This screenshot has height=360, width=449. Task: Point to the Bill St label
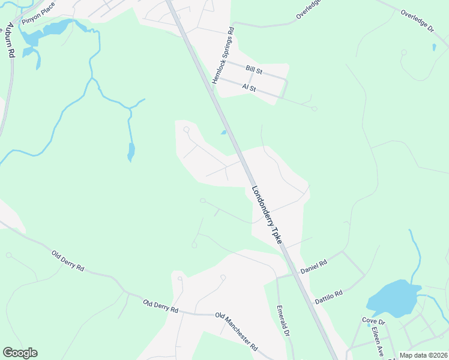(255, 70)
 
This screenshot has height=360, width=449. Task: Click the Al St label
(249, 88)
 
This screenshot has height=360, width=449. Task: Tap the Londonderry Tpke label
(267, 214)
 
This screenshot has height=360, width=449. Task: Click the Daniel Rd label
(313, 266)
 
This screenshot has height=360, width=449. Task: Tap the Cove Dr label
(373, 322)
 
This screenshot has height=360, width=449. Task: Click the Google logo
(20, 353)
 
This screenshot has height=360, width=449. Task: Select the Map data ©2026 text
(423, 355)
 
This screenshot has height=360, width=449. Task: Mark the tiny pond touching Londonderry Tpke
(223, 133)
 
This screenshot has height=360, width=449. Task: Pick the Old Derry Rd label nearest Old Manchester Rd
(161, 306)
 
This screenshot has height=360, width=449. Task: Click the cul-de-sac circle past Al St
(315, 109)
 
